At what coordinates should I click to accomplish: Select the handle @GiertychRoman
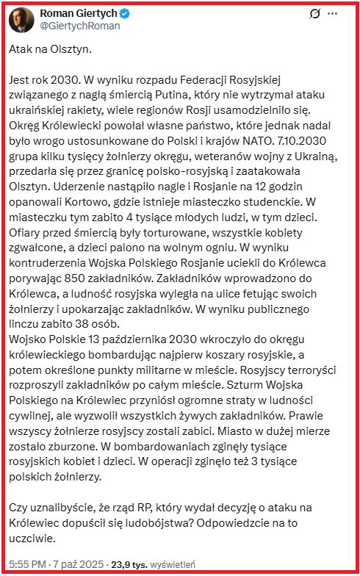tap(78, 26)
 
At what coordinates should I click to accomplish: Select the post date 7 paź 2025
tap(79, 564)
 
